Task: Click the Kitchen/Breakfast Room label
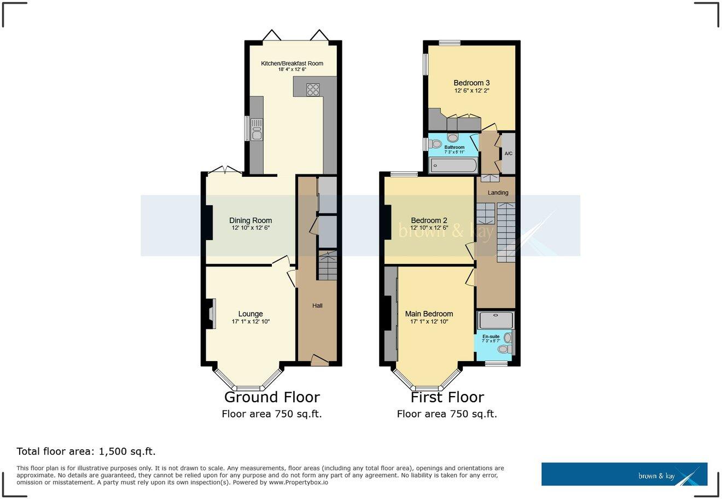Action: pos(292,63)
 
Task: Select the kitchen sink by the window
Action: pos(256,132)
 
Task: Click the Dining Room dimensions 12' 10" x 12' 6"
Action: pos(251,228)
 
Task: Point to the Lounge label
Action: pos(251,314)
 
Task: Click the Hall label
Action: pos(317,305)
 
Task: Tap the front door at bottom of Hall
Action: pos(319,360)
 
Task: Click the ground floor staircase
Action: pos(328,266)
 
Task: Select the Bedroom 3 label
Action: pos(471,83)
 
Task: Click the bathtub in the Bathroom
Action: pos(453,165)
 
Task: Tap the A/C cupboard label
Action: pos(508,153)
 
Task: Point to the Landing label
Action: pos(498,193)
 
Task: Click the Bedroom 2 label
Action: pos(429,221)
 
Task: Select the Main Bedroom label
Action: pos(429,314)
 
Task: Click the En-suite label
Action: pos(490,336)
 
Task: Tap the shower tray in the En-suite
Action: pos(496,320)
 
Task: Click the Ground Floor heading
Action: pos(272,397)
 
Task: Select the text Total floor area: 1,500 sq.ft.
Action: pos(86,451)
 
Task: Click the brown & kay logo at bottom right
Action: pos(624,474)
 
